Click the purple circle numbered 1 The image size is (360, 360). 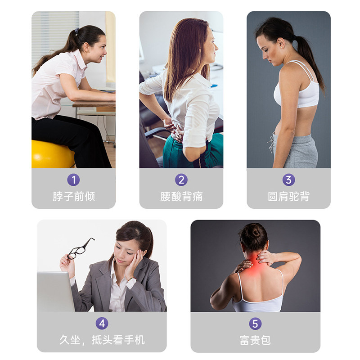coord(73,180)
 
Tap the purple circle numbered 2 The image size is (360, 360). coord(181,180)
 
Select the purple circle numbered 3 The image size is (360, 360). coord(288,180)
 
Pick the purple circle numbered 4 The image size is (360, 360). coord(102,324)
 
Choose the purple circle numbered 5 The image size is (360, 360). coord(255,324)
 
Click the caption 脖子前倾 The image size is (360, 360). coord(74,197)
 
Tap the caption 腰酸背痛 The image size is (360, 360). coord(181,197)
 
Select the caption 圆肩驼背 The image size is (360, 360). coord(288,197)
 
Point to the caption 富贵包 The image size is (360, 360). coord(255,340)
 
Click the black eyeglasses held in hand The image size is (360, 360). coord(81,249)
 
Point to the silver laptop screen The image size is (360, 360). coord(55,292)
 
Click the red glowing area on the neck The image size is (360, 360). coord(254,264)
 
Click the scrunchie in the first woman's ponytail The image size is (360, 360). coord(77,31)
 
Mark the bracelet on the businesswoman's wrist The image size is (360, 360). coord(131,279)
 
